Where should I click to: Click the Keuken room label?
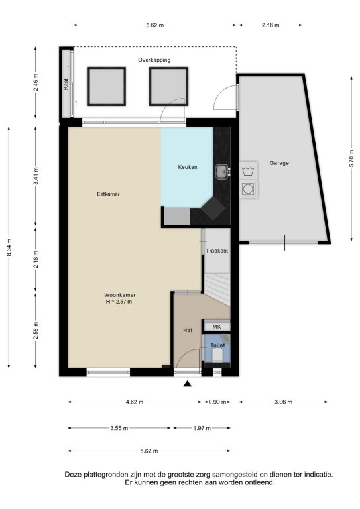click(x=188, y=167)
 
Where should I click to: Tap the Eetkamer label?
click(x=109, y=194)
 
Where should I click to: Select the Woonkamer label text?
click(x=120, y=295)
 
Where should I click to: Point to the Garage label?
click(x=279, y=163)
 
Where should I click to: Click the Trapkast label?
click(x=217, y=251)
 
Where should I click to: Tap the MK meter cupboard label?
click(x=217, y=327)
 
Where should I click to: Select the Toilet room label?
click(x=217, y=345)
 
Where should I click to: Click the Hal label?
click(x=188, y=330)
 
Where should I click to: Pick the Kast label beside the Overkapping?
click(x=66, y=84)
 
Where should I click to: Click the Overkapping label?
click(x=154, y=60)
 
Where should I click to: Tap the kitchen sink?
click(x=223, y=172)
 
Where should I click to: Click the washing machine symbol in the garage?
click(x=249, y=170)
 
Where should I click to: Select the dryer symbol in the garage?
click(x=249, y=189)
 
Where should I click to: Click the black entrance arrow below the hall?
click(x=188, y=384)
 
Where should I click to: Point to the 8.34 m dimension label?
click(x=9, y=247)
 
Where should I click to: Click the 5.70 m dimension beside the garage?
click(x=351, y=158)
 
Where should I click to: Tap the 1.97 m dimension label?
click(x=202, y=428)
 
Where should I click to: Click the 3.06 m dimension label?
click(x=283, y=402)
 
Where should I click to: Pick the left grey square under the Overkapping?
click(x=106, y=86)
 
